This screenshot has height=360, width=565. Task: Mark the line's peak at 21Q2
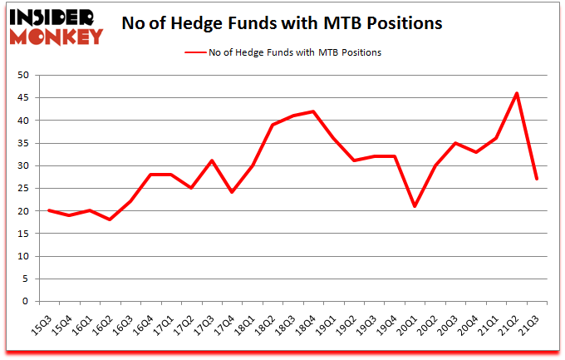coord(517,93)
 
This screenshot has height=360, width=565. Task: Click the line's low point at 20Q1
coord(415,206)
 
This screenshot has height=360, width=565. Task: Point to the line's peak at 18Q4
coord(313,111)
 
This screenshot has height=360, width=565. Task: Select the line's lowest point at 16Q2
coord(110,219)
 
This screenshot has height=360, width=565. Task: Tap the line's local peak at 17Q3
coord(212,161)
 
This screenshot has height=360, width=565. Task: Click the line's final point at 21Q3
coord(537,179)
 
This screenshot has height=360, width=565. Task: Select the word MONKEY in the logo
coord(57,36)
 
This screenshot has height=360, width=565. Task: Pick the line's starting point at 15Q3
coord(49,210)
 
